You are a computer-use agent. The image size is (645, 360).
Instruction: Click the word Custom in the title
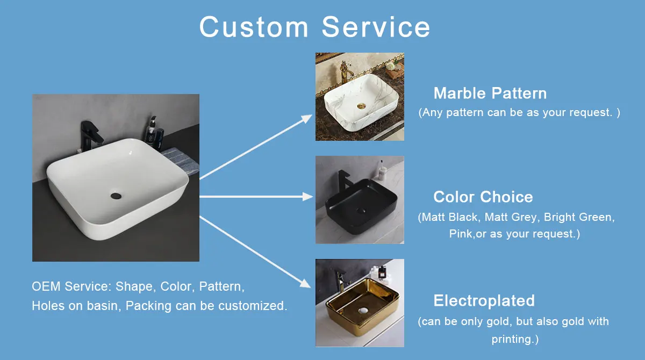254,27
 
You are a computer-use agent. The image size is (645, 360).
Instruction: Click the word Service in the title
376,27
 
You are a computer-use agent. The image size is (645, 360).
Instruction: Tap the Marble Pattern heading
490,93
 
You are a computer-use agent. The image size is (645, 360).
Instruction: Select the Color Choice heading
483,197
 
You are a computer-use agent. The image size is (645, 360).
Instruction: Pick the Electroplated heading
484,300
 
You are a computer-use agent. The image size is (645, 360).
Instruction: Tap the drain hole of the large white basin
116,196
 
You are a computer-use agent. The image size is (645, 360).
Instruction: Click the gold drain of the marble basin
361,106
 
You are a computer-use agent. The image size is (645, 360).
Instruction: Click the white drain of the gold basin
363,311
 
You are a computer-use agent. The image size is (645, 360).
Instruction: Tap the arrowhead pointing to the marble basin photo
307,118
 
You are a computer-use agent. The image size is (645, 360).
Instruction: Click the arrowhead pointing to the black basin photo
308,197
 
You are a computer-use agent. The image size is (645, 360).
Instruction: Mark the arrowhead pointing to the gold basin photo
306,284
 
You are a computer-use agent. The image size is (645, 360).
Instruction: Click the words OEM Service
71,286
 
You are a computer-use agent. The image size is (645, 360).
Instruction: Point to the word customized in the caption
253,306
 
